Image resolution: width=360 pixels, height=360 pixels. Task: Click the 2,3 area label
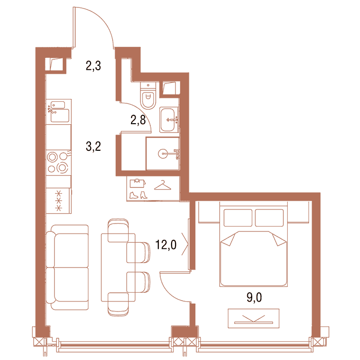coord(93,66)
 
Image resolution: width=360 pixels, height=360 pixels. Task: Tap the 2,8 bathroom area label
coord(138,120)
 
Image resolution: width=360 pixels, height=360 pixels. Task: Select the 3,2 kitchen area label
coord(93,146)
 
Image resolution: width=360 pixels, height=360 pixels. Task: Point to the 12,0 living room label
coord(166,244)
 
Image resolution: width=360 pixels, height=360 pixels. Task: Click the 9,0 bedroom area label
coord(254,297)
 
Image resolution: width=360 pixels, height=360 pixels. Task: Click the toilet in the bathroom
coord(148,95)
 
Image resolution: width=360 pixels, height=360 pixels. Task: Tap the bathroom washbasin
coord(169,120)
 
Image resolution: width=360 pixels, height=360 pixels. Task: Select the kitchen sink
coord(58,112)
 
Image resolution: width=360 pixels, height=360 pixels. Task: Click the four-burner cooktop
coord(58,162)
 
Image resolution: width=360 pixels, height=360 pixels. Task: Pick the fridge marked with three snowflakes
coord(58,201)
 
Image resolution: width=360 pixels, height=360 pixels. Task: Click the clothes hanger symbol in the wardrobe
coord(163,185)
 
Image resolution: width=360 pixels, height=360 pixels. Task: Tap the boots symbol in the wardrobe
coord(138,195)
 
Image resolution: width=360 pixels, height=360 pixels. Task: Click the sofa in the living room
coord(67,267)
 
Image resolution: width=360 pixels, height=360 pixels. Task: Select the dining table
coord(118,267)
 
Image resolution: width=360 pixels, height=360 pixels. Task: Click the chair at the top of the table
coord(118,230)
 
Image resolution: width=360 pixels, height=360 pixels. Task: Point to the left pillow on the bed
coord(238,218)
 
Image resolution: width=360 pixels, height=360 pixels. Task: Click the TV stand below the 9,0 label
coord(254,318)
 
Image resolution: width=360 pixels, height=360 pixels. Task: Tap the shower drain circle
coord(163,154)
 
